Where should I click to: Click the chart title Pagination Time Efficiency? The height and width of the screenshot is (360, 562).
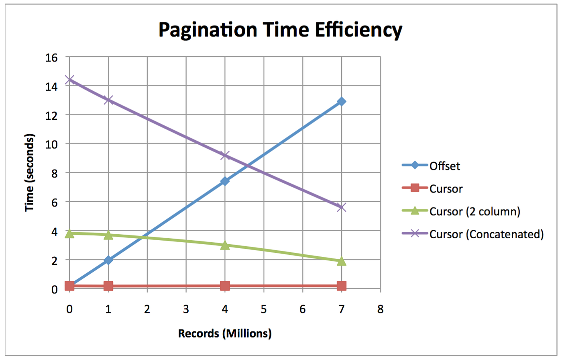[280, 30]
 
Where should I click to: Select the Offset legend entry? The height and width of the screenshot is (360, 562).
[444, 166]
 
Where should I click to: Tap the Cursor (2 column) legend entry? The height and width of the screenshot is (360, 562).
[474, 211]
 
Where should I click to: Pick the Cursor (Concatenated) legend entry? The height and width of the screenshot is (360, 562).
[486, 234]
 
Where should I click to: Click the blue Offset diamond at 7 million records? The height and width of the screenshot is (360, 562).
[342, 102]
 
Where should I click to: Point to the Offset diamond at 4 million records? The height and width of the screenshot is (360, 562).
[225, 181]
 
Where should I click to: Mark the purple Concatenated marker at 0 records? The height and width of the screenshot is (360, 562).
[69, 80]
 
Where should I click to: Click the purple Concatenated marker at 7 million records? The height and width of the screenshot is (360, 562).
[342, 207]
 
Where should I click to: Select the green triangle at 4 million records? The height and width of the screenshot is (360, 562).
[225, 245]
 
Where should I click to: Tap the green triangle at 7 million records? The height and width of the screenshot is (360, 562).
[342, 261]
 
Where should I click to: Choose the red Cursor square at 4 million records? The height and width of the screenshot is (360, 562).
[225, 286]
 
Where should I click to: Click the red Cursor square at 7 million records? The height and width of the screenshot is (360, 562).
[342, 286]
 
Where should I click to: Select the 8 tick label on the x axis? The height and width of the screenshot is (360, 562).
[380, 309]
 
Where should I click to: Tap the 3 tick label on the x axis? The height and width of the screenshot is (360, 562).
[186, 309]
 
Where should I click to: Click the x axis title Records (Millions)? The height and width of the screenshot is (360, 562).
[225, 333]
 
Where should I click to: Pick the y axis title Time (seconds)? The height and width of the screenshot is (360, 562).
[30, 173]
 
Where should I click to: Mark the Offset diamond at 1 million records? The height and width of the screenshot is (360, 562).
[108, 260]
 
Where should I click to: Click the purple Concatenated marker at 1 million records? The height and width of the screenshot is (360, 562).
[108, 100]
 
